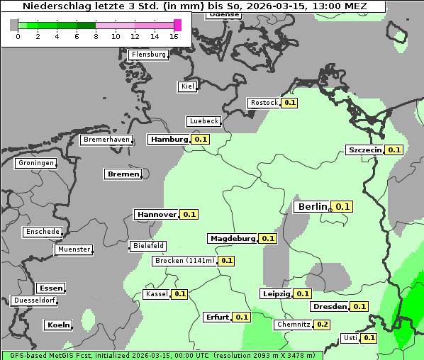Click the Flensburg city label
click(148, 54)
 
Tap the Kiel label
click(187, 86)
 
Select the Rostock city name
click(264, 103)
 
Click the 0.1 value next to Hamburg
click(201, 140)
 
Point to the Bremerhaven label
click(106, 140)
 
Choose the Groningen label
click(35, 163)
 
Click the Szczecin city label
click(364, 150)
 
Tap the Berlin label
click(312, 206)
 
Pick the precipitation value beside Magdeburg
click(268, 239)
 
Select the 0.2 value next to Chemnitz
click(322, 325)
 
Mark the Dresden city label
click(329, 307)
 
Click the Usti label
click(350, 338)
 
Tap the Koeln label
click(58, 325)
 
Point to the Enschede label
click(43, 232)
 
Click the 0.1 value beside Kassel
click(179, 294)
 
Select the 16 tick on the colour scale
click(174, 37)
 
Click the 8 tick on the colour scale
click(96, 37)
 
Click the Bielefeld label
click(147, 246)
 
